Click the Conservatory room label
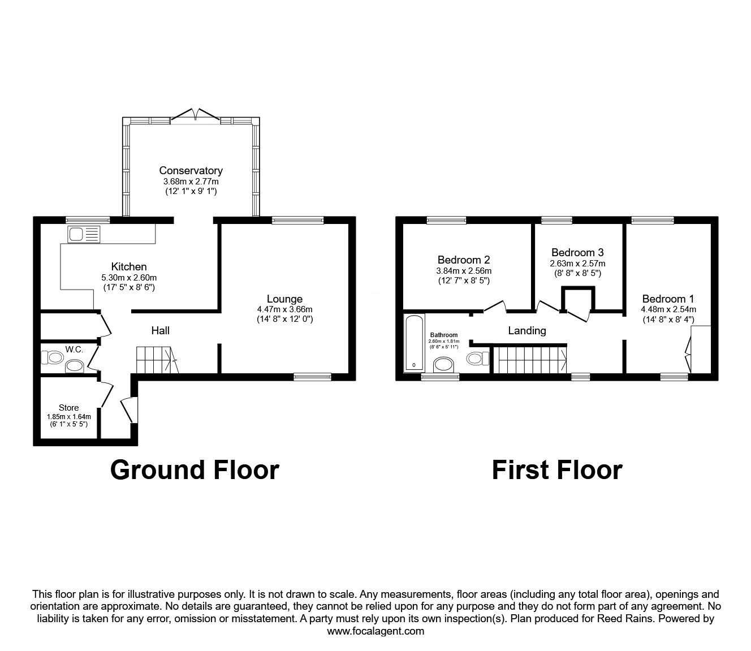(191, 170)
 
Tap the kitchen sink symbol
(83, 234)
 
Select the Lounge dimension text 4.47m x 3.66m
(284, 309)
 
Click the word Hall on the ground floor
(160, 330)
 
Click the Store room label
(69, 407)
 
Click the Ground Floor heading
(195, 470)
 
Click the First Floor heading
(556, 470)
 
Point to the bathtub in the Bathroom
(412, 343)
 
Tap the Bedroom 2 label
(464, 260)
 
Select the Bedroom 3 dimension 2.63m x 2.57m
(577, 264)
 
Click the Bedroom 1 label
(668, 299)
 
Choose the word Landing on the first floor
(527, 330)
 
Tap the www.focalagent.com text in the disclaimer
(375, 631)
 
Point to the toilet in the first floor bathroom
(478, 358)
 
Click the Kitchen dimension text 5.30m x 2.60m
(129, 277)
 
